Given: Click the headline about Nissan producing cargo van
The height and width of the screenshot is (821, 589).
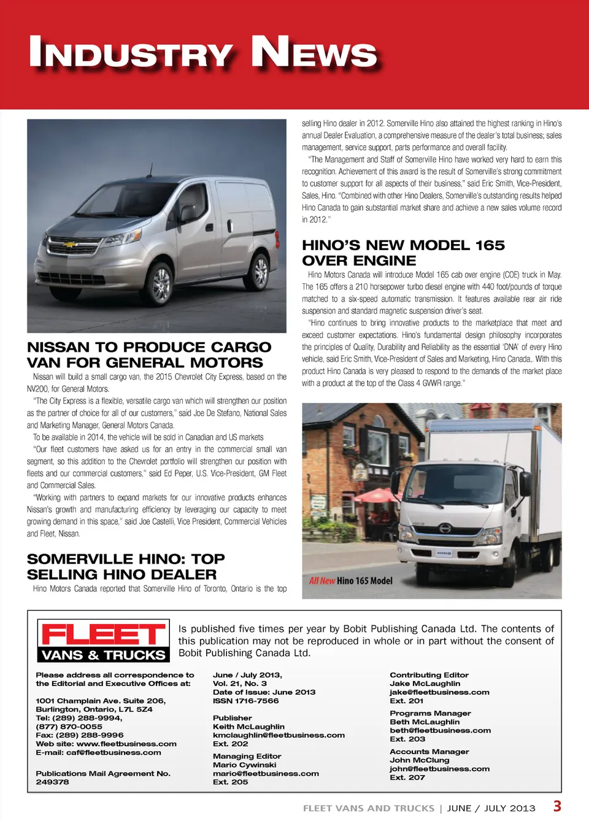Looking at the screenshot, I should (149, 355).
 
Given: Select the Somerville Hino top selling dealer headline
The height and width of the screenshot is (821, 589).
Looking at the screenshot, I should (126, 567).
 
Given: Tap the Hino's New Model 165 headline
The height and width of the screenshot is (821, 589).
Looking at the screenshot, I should (403, 253).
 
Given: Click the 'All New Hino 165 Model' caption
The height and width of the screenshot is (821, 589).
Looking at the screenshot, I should (350, 581).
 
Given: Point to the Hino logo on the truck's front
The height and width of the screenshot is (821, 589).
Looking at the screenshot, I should (445, 529).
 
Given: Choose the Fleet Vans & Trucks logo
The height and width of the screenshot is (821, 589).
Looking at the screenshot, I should (103, 641).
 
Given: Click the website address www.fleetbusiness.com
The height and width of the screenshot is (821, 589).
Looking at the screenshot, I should (126, 744).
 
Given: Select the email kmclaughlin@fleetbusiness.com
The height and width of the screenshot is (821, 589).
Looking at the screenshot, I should (279, 735).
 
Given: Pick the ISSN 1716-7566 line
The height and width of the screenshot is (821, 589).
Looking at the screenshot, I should (245, 701).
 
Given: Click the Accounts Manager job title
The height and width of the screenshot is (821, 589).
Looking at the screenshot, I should (429, 752).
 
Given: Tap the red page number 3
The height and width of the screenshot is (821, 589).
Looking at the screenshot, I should (557, 806).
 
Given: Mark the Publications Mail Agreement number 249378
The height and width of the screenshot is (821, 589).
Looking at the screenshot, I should (53, 782).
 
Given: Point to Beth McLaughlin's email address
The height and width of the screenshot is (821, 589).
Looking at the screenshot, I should (440, 730).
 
